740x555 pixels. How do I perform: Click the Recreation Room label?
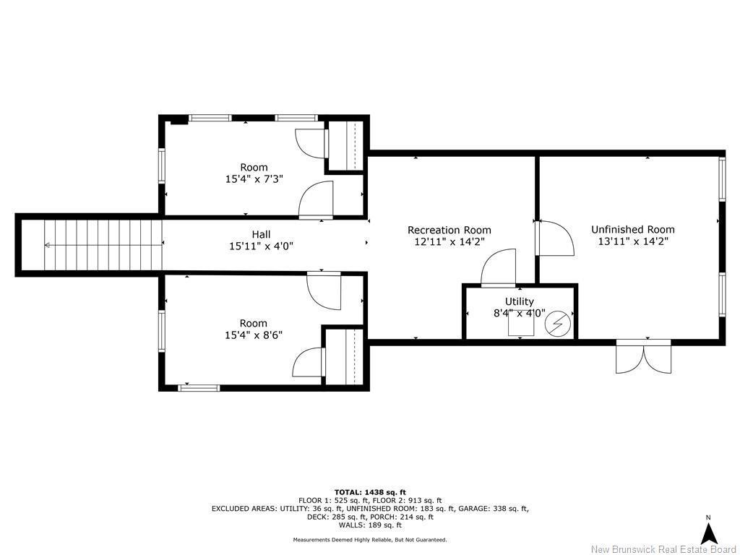pyautogui.click(x=449, y=230)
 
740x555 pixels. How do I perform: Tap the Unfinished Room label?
pyautogui.click(x=632, y=229)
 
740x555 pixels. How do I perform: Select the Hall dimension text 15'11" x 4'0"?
pyautogui.click(x=261, y=246)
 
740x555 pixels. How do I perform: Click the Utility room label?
pyautogui.click(x=519, y=301)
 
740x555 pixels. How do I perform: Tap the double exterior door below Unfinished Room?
pyautogui.click(x=643, y=356)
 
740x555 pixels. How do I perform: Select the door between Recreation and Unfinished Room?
pyautogui.click(x=554, y=238)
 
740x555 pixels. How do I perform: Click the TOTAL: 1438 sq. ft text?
pyautogui.click(x=369, y=492)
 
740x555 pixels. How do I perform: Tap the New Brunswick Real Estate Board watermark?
pyautogui.click(x=663, y=549)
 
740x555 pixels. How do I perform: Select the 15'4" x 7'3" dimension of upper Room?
pyautogui.click(x=253, y=179)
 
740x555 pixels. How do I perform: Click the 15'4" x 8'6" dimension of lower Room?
pyautogui.click(x=253, y=335)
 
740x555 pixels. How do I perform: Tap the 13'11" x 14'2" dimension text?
pyautogui.click(x=632, y=242)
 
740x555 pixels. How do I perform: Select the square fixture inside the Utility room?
pyautogui.click(x=520, y=327)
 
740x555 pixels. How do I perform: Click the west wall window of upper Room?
pyautogui.click(x=162, y=165)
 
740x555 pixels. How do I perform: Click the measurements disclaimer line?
pyautogui.click(x=369, y=540)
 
